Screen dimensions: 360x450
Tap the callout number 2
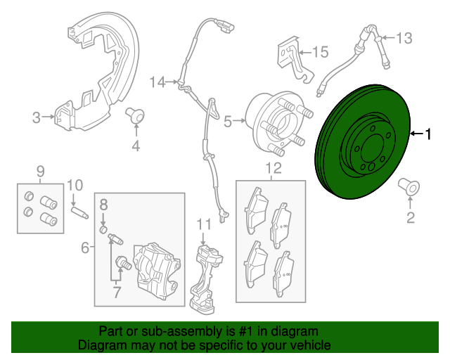click(x=411, y=218)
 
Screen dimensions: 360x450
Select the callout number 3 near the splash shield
click(x=36, y=117)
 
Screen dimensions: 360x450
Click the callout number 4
click(x=136, y=146)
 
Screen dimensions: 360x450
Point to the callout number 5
click(x=227, y=122)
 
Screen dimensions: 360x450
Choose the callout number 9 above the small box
click(x=40, y=170)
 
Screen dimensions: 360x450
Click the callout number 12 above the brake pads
click(x=272, y=167)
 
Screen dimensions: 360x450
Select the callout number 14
click(x=156, y=82)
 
